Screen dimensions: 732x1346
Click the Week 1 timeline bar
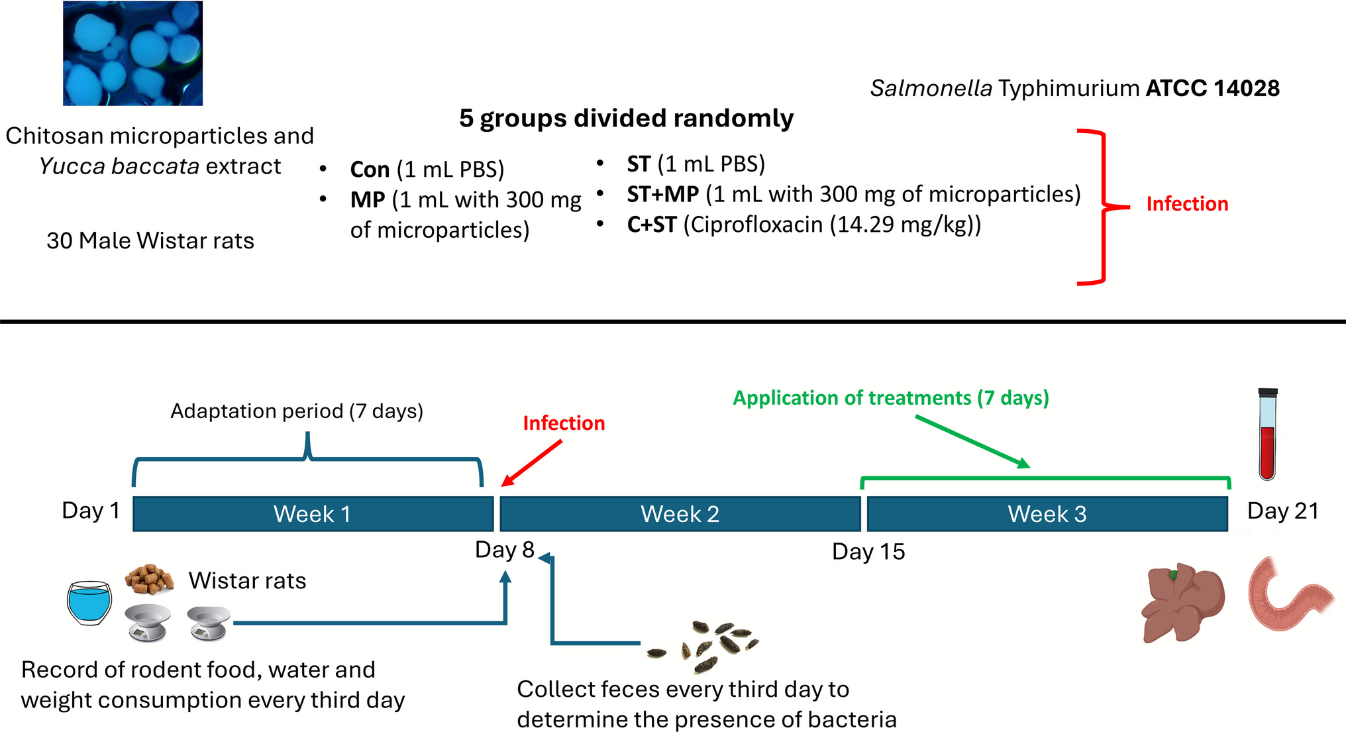point(313,514)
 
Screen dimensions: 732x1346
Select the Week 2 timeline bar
point(680,514)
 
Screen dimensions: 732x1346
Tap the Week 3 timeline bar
point(1047,514)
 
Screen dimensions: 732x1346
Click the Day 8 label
point(504,550)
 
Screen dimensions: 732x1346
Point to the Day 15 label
point(868,552)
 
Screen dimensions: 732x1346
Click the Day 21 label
point(1282,511)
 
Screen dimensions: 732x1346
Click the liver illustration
point(1183,602)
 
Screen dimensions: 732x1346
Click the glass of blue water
point(89,603)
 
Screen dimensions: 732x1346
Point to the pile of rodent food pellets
point(150,579)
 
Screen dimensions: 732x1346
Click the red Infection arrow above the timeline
point(532,463)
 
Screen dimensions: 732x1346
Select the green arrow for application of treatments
point(972,441)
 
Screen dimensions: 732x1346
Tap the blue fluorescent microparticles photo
point(132,53)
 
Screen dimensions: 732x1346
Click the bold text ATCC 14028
point(1212,88)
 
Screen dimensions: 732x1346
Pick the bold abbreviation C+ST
point(651,225)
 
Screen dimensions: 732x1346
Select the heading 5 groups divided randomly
point(626,118)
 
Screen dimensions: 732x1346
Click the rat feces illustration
point(705,641)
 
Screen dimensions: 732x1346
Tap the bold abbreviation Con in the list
point(370,170)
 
